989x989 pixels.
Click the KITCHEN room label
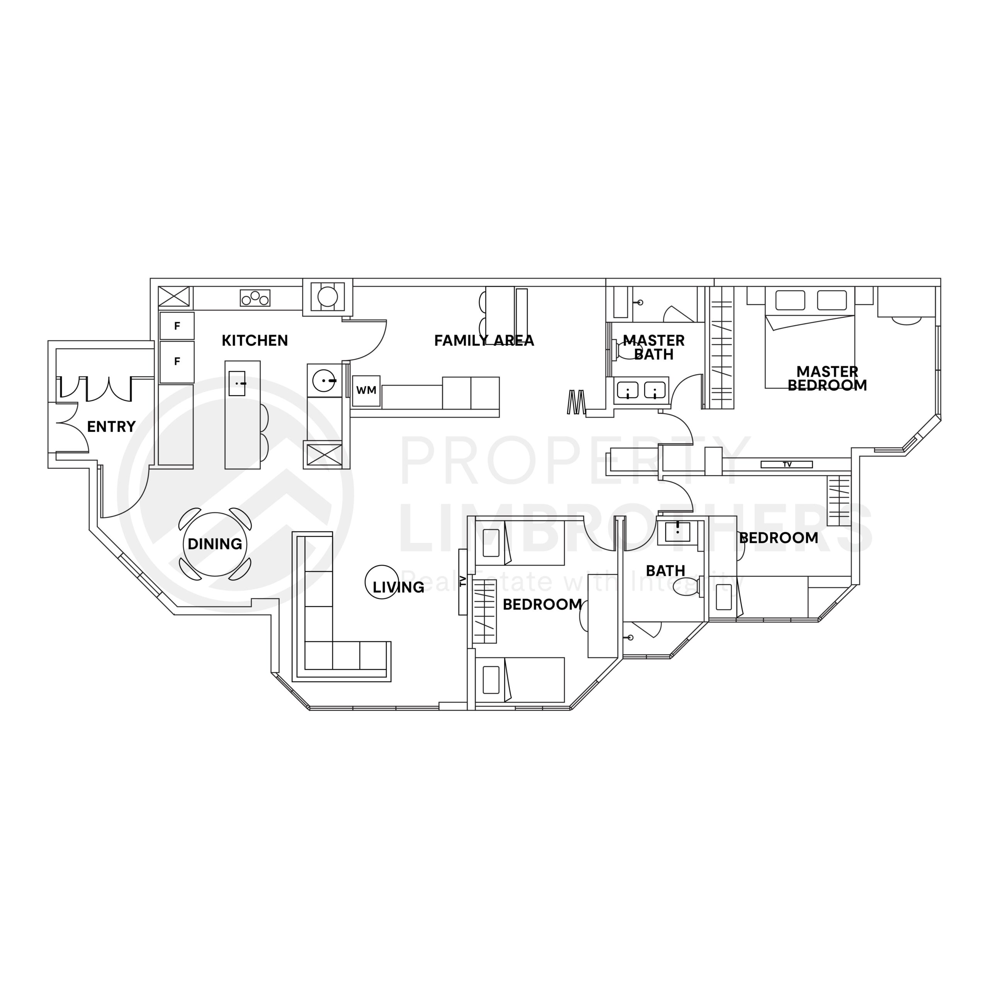(x=255, y=340)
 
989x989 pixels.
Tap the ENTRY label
(x=111, y=427)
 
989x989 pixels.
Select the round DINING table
(x=215, y=544)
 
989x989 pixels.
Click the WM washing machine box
(x=366, y=391)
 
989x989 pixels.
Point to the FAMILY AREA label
(x=484, y=340)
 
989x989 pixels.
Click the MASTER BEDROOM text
(x=827, y=378)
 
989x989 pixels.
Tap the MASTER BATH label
(x=654, y=347)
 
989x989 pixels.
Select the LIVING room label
(x=398, y=587)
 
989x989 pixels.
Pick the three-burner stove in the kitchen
(x=255, y=298)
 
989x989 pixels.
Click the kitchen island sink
(x=236, y=383)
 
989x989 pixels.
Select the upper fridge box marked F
(x=177, y=326)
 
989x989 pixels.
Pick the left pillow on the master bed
(x=790, y=300)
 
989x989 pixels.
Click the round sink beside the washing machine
(x=323, y=381)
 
